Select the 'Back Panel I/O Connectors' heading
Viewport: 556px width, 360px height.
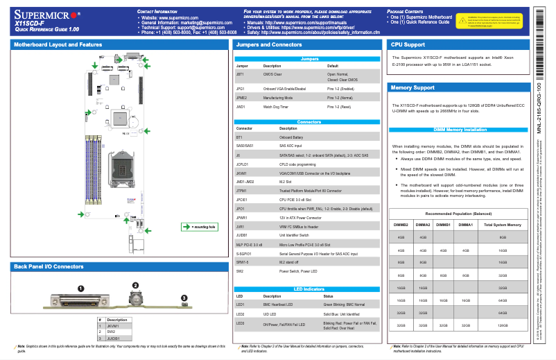tap(49, 266)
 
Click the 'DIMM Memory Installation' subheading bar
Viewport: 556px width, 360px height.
tap(460, 130)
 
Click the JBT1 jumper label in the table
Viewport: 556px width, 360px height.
tap(241, 73)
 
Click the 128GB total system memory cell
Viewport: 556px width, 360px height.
tap(503, 324)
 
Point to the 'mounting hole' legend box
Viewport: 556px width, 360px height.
tap(199, 226)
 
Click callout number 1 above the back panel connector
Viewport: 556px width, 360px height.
tap(80, 288)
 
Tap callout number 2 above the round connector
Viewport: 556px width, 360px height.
tap(135, 285)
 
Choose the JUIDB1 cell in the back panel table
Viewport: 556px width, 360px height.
tap(114, 338)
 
